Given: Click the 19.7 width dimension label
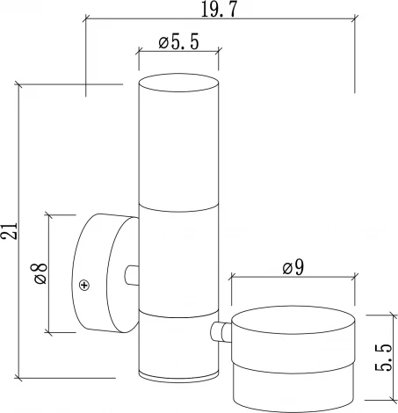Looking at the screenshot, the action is coord(218,10).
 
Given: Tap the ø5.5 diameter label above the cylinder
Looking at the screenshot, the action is coord(178,41).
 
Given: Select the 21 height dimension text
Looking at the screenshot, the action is coord(9,231).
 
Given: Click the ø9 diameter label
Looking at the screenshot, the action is coord(293,267).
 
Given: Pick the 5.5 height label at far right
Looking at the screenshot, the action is coord(383,358).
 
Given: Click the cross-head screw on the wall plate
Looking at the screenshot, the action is coord(84,285).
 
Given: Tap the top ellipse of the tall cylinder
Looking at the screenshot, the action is coord(178,83).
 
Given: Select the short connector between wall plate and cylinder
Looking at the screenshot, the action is coord(132,275).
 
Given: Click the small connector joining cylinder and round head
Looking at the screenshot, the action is coord(221,332).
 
